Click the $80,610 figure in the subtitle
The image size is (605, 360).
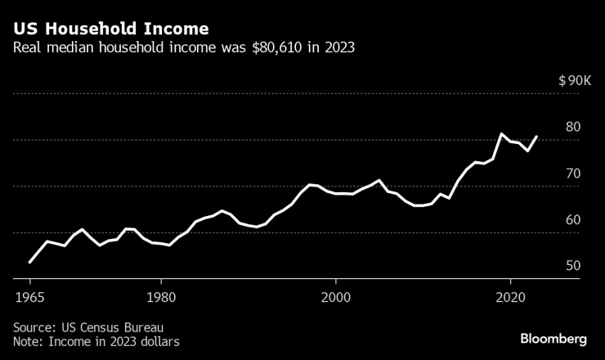(x=277, y=47)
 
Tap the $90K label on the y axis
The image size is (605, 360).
(x=576, y=81)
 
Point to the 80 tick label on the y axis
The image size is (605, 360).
(x=572, y=127)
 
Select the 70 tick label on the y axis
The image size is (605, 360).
(x=572, y=173)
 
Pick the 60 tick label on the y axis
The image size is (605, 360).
(x=572, y=219)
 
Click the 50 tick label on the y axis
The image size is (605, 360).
(x=572, y=266)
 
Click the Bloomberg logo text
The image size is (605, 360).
(x=553, y=339)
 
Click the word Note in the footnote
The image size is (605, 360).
(x=26, y=341)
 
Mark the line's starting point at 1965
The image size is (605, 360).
(x=30, y=262)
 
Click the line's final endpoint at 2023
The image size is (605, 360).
(x=536, y=137)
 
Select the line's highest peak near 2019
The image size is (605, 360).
(x=501, y=133)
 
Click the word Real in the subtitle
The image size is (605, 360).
(x=26, y=47)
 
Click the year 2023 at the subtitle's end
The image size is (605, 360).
(x=338, y=47)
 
